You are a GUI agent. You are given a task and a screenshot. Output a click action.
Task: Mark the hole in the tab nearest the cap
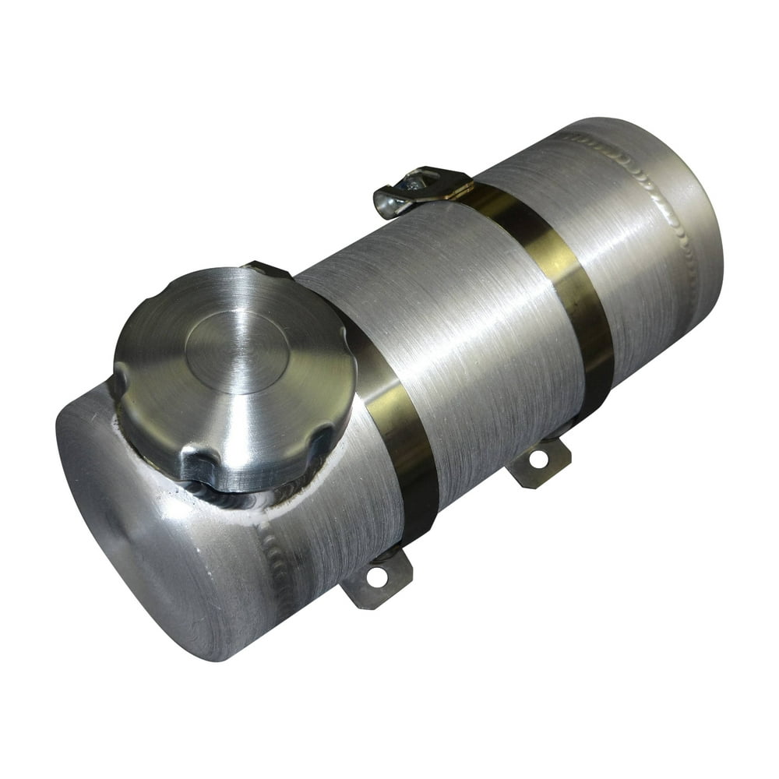coord(377,577)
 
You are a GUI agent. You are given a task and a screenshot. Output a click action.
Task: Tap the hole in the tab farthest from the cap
coord(538,459)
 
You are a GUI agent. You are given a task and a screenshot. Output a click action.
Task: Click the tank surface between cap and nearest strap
coord(343,506)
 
